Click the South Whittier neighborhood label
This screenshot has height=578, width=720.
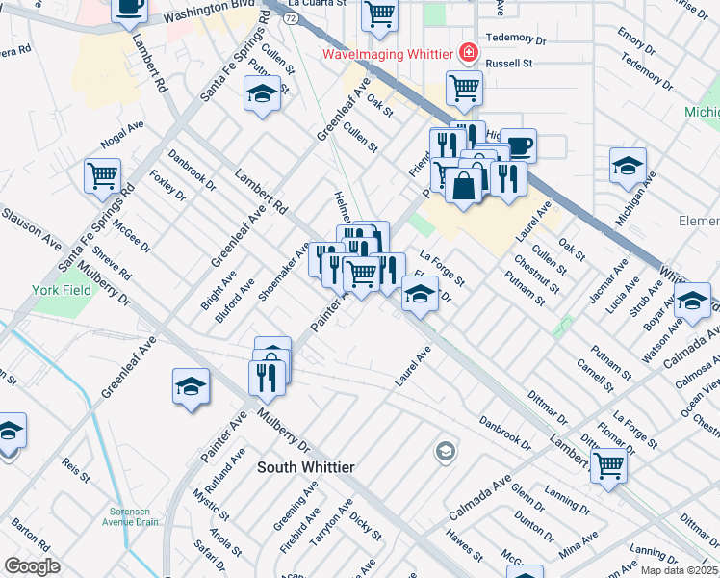point(305,467)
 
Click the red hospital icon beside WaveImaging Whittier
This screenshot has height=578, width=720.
point(469,52)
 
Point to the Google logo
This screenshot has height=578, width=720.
point(32,566)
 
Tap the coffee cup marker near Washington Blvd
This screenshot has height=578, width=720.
point(129,9)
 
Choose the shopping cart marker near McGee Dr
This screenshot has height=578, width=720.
point(102,176)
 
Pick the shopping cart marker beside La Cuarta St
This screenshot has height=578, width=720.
point(380,14)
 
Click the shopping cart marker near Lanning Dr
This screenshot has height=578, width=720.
point(609,465)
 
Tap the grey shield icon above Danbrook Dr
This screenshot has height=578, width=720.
point(445,450)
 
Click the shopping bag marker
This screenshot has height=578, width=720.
point(464,184)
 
